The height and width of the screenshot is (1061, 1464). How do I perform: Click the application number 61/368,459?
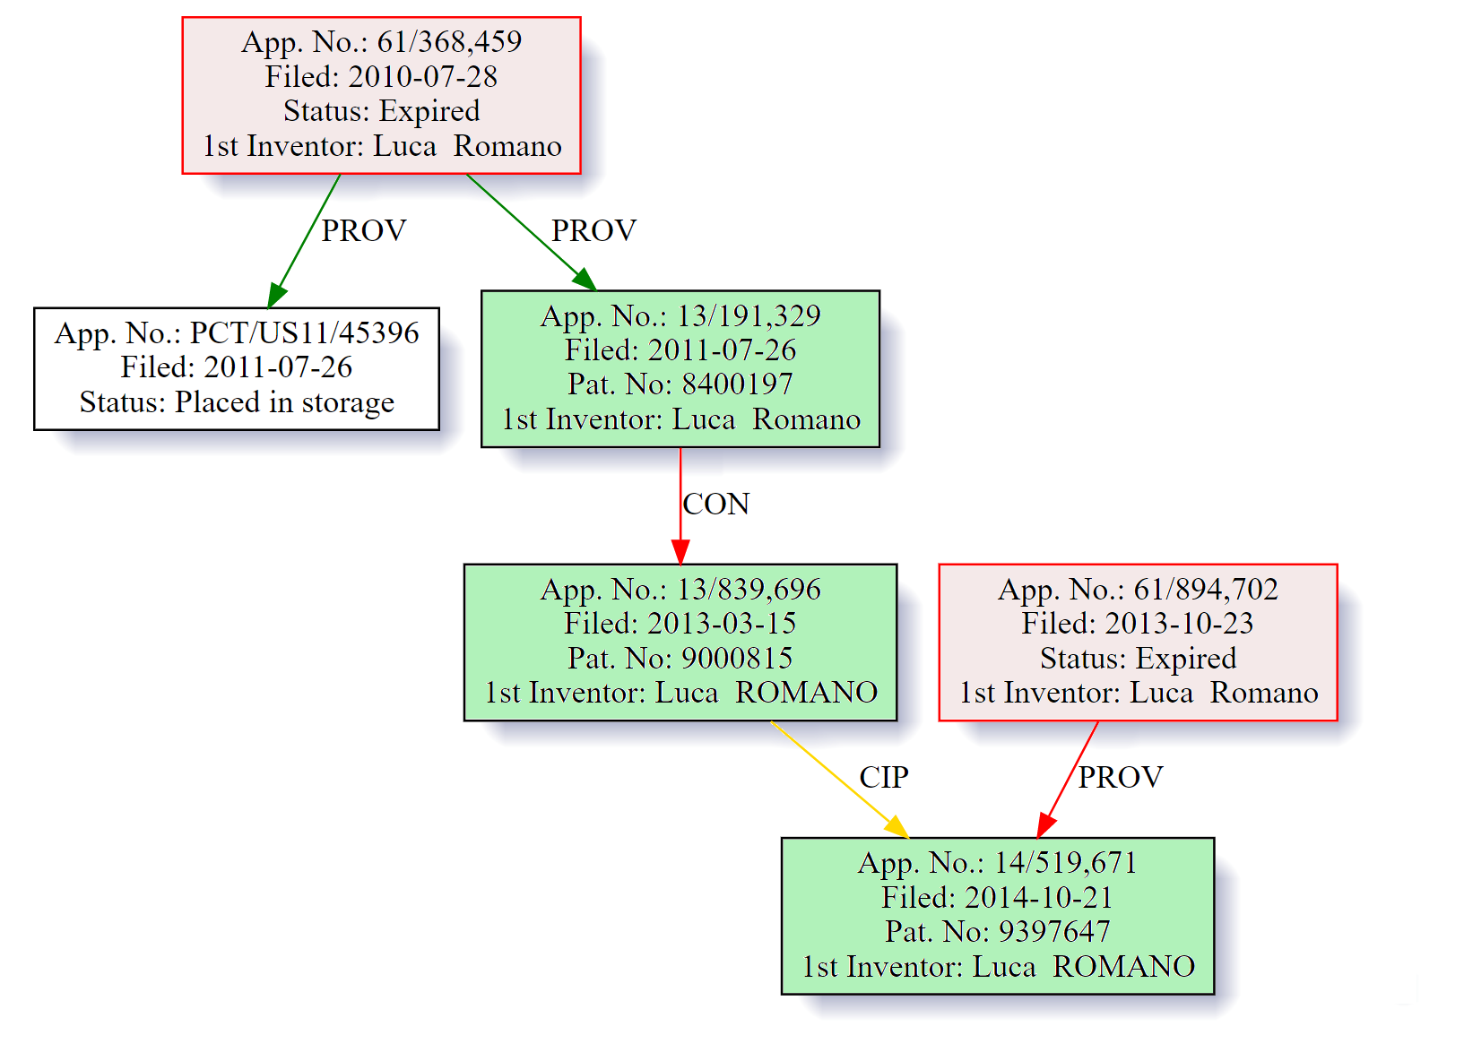[x=449, y=41]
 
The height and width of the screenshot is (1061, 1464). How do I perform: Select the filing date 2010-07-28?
[x=422, y=76]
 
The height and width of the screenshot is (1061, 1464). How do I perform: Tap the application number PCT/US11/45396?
[x=304, y=332]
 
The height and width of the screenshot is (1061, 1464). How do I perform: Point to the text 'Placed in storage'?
[x=284, y=402]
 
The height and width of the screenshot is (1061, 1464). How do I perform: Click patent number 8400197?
[x=737, y=384]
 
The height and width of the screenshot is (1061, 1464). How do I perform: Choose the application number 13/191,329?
[x=749, y=315]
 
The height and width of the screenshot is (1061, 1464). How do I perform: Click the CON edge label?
[x=715, y=505]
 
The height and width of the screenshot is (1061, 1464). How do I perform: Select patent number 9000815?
[x=737, y=658]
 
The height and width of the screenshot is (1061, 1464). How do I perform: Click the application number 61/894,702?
[x=1206, y=589]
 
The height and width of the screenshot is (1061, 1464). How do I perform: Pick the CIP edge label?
[x=884, y=777]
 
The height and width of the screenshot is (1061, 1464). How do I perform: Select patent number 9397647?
[x=1054, y=931]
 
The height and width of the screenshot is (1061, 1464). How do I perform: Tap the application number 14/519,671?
[x=1066, y=862]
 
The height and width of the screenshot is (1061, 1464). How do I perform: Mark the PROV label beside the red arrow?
[x=1121, y=777]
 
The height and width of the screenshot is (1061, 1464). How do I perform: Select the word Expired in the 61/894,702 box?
[x=1187, y=658]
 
